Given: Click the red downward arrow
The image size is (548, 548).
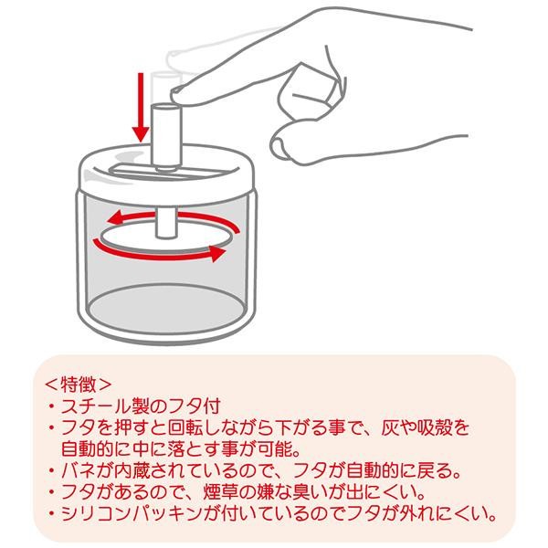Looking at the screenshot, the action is click(141, 107).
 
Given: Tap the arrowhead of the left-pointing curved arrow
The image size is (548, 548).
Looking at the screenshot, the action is click(115, 218).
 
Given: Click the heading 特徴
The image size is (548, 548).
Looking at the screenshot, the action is click(78, 385).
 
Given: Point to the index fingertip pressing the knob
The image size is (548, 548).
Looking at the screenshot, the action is click(175, 94).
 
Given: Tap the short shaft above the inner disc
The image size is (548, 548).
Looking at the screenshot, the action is click(166, 223).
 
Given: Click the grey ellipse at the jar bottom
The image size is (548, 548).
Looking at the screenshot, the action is click(166, 310).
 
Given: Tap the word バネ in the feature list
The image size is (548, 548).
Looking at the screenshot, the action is click(79, 471).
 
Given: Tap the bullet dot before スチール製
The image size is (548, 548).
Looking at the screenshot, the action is click(52, 406).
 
